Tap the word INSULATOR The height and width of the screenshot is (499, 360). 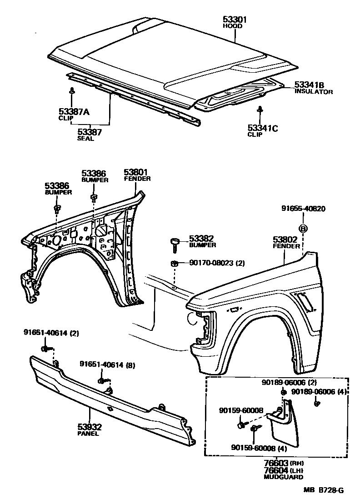[314, 92]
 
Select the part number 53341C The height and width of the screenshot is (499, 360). [262, 128]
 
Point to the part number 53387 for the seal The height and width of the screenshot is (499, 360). [89, 132]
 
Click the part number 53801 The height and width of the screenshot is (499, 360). [136, 172]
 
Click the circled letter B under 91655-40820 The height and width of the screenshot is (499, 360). [303, 228]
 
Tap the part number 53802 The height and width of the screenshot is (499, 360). [285, 240]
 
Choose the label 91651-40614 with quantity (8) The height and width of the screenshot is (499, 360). [107, 364]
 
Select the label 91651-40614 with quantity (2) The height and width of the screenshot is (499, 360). [51, 333]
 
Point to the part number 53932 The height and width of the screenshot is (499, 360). [89, 427]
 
